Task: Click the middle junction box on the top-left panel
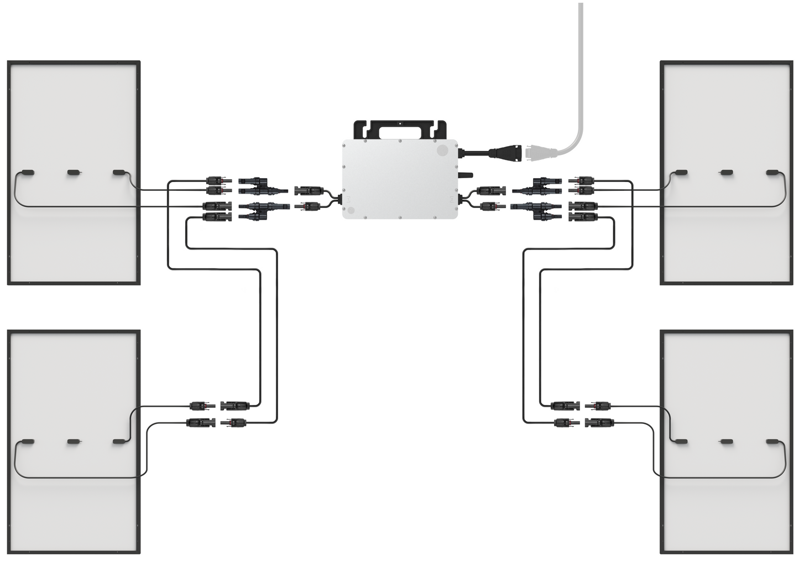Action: (x=73, y=173)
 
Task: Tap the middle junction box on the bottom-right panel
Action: (x=727, y=441)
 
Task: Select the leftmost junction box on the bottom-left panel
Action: (x=28, y=441)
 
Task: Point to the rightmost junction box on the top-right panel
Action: (x=772, y=173)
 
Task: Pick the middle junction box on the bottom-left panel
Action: (x=73, y=441)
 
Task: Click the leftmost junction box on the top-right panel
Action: (x=681, y=173)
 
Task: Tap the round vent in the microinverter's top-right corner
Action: (x=442, y=150)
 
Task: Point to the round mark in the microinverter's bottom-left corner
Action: (x=349, y=210)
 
